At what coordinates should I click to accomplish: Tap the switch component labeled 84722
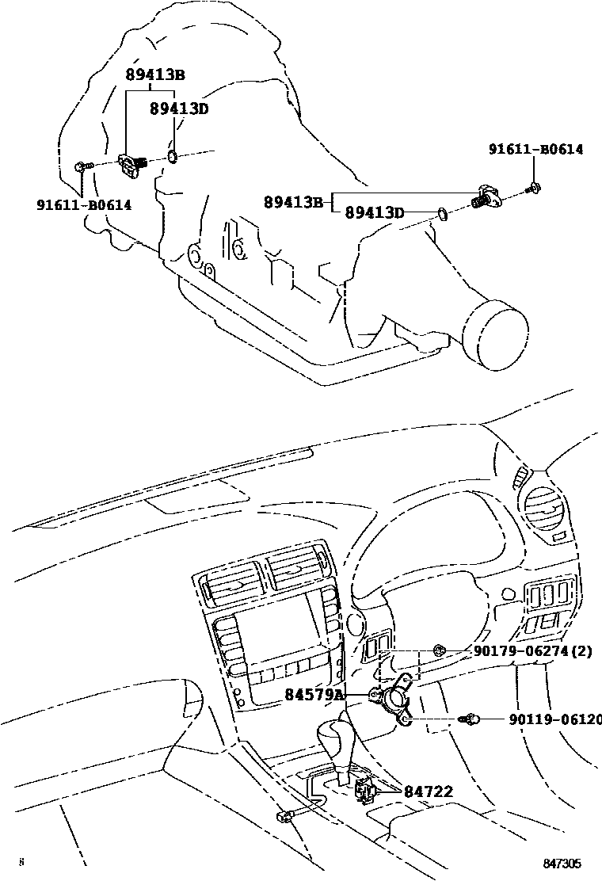(x=366, y=789)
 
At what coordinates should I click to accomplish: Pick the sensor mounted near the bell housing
(x=131, y=162)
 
